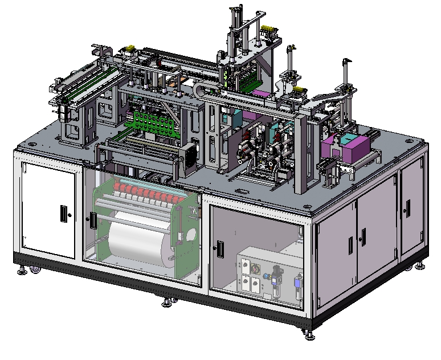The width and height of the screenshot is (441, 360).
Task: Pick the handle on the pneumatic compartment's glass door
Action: pyautogui.click(x=218, y=248)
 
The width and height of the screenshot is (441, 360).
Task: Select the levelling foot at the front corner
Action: pyautogui.click(x=308, y=334)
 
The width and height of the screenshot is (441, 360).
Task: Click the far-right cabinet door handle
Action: pyautogui.click(x=405, y=208)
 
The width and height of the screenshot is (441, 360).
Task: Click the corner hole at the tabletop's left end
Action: pyautogui.click(x=59, y=121)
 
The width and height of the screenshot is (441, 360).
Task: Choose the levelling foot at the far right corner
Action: pyautogui.click(x=420, y=265)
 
